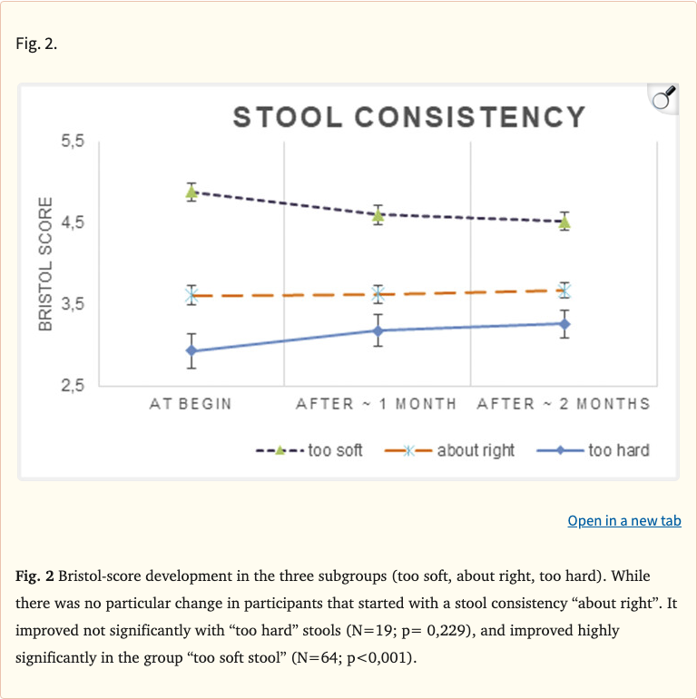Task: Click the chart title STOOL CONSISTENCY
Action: [409, 117]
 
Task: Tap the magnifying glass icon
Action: [663, 97]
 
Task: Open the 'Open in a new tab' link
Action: [623, 520]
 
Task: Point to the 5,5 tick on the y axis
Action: [73, 143]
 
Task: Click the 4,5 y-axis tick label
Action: [73, 223]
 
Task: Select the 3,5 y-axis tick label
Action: [73, 304]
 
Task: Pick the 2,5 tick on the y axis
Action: [73, 385]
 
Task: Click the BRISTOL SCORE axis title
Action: [45, 263]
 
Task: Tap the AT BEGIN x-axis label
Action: [191, 404]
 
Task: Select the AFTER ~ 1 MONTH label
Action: [377, 404]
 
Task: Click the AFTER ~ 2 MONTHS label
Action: [564, 404]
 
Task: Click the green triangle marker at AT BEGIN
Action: [191, 191]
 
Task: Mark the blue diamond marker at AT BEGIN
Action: [191, 351]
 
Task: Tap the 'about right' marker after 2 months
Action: [564, 290]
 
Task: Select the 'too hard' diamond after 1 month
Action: [378, 330]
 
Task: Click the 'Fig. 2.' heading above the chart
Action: [37, 44]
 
